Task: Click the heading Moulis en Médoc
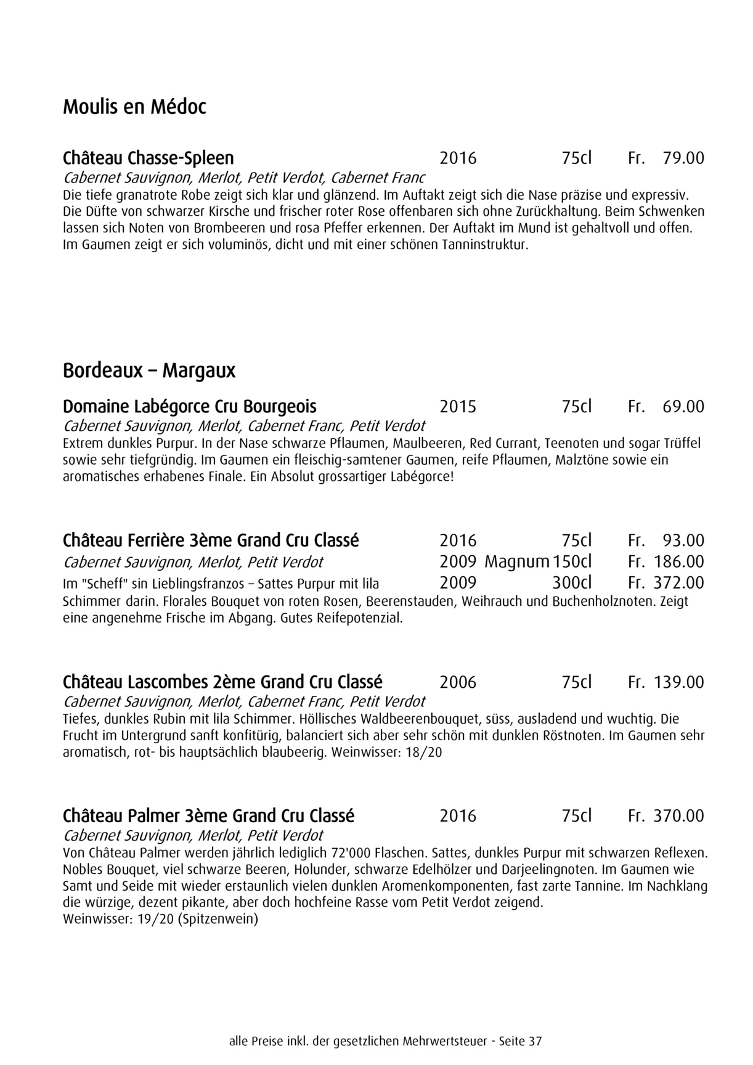pos(134,107)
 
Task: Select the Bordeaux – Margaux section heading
pos(149,371)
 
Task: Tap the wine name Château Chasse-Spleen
pos(148,158)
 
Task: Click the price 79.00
pos(683,158)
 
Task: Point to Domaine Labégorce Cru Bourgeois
pos(190,407)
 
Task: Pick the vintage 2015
pos(458,407)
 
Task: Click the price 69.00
pos(683,407)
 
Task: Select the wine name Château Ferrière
pos(211,541)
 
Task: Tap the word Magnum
pos(516,561)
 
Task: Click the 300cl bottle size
pos(572,582)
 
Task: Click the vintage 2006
pos(458,682)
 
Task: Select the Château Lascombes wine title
pos(222,682)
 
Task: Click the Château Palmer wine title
pos(208,816)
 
